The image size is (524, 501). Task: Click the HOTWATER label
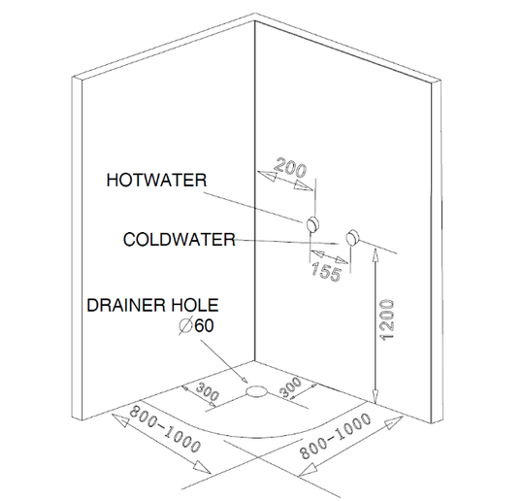pos(156,181)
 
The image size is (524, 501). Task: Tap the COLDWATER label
pos(180,240)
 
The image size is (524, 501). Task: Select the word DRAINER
pos(126,305)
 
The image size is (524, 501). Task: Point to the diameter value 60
pos(204,326)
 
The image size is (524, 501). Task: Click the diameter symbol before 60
pos(185,326)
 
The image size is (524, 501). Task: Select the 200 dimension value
pos(290,167)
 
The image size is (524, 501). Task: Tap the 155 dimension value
pos(326,271)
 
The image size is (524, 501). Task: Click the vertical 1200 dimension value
pos(387,320)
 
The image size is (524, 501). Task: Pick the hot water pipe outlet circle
pos(312,223)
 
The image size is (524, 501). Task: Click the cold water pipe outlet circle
pos(352,238)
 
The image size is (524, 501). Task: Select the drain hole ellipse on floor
pos(256,391)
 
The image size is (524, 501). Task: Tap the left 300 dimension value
pos(208,391)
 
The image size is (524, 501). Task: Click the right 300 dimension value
pos(290,387)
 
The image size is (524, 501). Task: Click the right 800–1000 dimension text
pos(335,436)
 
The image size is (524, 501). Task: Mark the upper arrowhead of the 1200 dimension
pos(376,254)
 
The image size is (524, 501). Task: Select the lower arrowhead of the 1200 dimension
pos(376,397)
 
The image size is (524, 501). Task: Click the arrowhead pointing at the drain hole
pos(244,380)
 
